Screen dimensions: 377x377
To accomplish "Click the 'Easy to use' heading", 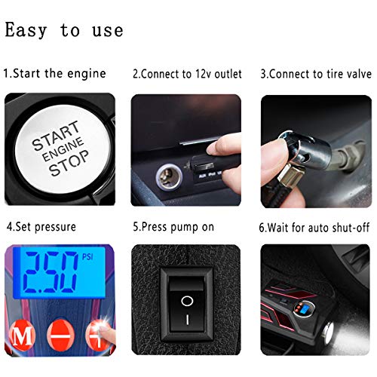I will (64, 30).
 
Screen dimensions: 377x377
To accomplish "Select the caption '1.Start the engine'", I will (54, 74).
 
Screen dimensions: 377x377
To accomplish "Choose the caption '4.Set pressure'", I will (41, 225).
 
